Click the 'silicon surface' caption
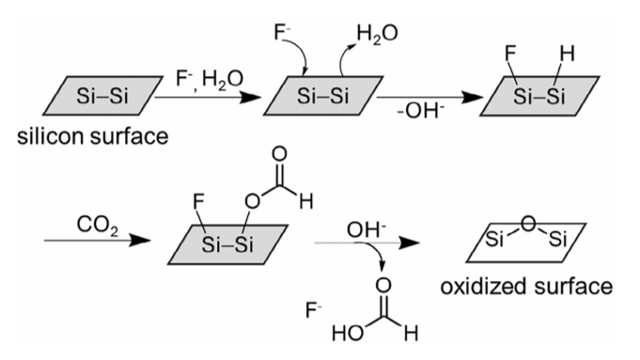click(x=93, y=136)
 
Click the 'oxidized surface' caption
click(x=526, y=287)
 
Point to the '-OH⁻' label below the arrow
click(x=420, y=110)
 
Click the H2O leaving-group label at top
click(x=377, y=33)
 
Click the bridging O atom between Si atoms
click(x=528, y=224)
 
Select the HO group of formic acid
click(x=348, y=334)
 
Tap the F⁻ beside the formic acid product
click(x=314, y=310)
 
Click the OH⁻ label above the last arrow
click(x=367, y=229)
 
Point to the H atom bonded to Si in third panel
click(x=567, y=54)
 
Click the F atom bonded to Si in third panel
click(x=510, y=54)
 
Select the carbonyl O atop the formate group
click(x=279, y=154)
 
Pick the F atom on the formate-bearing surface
click(x=198, y=202)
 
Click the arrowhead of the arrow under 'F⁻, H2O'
click(x=250, y=98)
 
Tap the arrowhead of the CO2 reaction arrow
click(x=140, y=241)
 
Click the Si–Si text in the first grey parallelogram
click(x=102, y=96)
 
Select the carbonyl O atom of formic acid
click(x=382, y=286)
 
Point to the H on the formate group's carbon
click(x=306, y=202)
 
